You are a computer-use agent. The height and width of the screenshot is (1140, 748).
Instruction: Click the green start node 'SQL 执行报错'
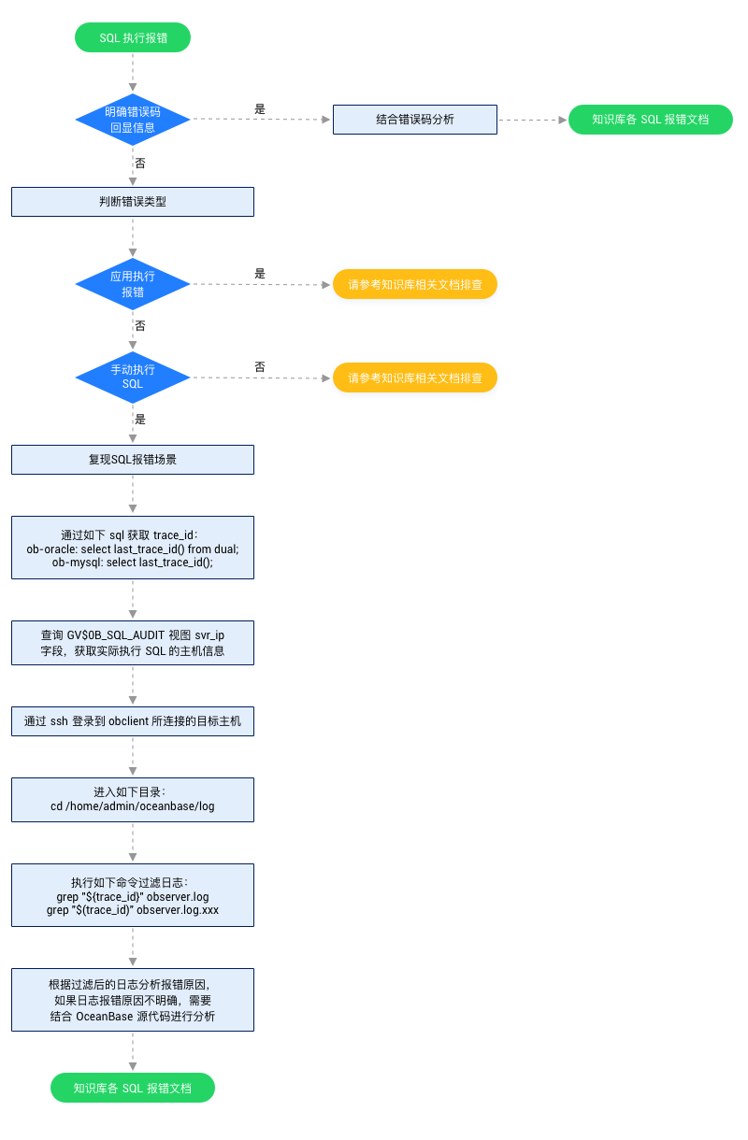pyautogui.click(x=133, y=37)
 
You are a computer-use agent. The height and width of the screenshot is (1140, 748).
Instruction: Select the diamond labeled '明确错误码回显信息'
pyautogui.click(x=133, y=120)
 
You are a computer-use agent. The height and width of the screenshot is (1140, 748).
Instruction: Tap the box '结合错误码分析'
pyautogui.click(x=414, y=120)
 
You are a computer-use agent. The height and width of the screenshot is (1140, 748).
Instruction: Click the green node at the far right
pyautogui.click(x=650, y=120)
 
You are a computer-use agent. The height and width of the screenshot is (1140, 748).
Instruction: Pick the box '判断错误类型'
pyautogui.click(x=133, y=202)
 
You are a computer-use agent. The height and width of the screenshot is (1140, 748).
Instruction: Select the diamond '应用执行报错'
pyautogui.click(x=133, y=284)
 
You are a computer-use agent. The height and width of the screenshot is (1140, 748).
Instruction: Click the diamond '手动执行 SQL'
pyautogui.click(x=133, y=378)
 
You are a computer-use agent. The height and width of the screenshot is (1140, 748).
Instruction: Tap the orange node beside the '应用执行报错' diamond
pyautogui.click(x=414, y=284)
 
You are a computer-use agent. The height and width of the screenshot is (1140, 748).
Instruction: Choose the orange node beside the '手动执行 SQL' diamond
pyautogui.click(x=414, y=378)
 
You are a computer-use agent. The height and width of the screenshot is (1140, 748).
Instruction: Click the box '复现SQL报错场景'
pyautogui.click(x=133, y=460)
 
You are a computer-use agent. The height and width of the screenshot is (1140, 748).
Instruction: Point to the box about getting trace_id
pyautogui.click(x=133, y=548)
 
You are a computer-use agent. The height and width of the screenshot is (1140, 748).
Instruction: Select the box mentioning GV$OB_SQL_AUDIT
pyautogui.click(x=133, y=643)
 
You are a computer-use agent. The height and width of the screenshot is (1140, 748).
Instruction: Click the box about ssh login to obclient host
pyautogui.click(x=133, y=721)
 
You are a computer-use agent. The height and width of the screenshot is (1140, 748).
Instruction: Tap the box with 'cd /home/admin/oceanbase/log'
pyautogui.click(x=133, y=800)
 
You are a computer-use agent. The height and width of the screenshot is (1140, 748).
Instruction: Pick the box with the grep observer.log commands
pyautogui.click(x=133, y=894)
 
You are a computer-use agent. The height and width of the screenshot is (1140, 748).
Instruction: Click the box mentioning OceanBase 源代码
pyautogui.click(x=133, y=1000)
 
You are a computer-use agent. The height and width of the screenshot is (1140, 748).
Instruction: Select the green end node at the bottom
pyautogui.click(x=133, y=1088)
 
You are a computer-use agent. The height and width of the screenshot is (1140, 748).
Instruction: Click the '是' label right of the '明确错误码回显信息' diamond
pyautogui.click(x=260, y=109)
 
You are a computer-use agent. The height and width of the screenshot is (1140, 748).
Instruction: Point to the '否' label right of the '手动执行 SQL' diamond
pyautogui.click(x=260, y=367)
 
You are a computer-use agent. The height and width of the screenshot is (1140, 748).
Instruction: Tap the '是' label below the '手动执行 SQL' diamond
pyautogui.click(x=140, y=420)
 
